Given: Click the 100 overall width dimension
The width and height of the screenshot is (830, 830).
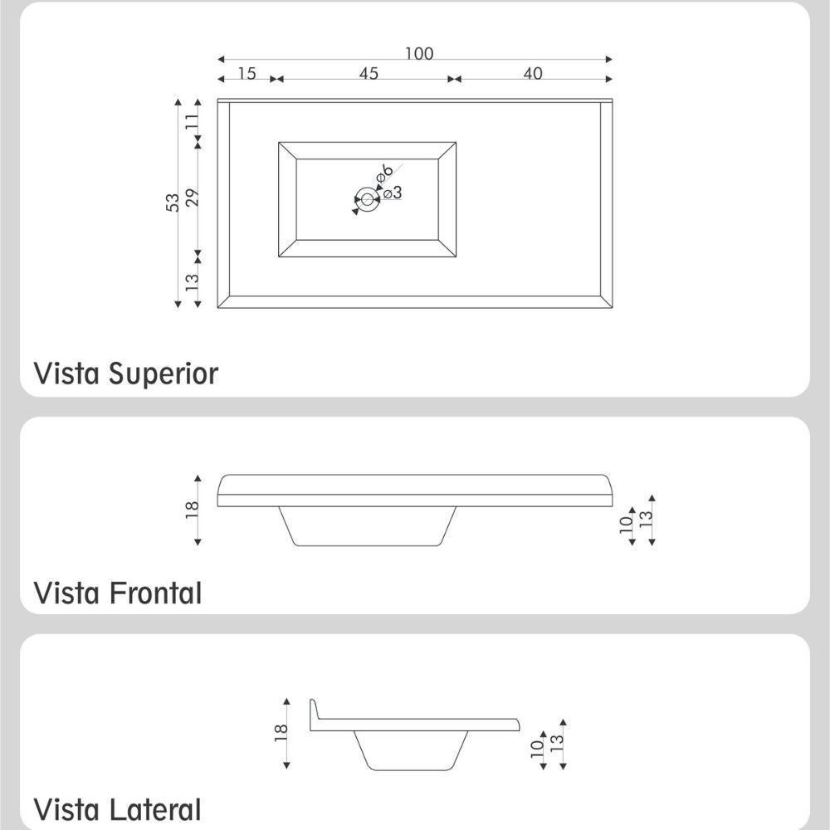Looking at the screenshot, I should [x=419, y=54].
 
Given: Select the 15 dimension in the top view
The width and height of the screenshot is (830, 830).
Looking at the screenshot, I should [x=247, y=73].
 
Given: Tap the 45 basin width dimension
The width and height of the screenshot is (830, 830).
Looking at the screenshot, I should [x=369, y=73].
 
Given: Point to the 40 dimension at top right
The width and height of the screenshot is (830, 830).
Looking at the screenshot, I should [x=533, y=73].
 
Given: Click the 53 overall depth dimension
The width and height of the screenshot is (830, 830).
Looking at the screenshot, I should [x=173, y=203].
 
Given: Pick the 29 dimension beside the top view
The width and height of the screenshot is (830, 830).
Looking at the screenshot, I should [x=193, y=198].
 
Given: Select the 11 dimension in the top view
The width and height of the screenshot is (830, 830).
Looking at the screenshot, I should [x=193, y=120].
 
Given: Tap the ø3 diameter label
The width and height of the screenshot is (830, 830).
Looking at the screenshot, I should [x=393, y=193].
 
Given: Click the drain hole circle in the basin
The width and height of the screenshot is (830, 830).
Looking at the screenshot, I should [x=367, y=199].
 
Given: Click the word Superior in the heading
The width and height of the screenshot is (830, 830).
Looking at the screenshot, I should [x=163, y=373].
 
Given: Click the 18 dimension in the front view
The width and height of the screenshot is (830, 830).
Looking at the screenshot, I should [x=193, y=509].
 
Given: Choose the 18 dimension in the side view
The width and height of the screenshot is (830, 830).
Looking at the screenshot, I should [x=281, y=731].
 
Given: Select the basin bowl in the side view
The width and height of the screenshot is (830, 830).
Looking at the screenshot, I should [x=410, y=750].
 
